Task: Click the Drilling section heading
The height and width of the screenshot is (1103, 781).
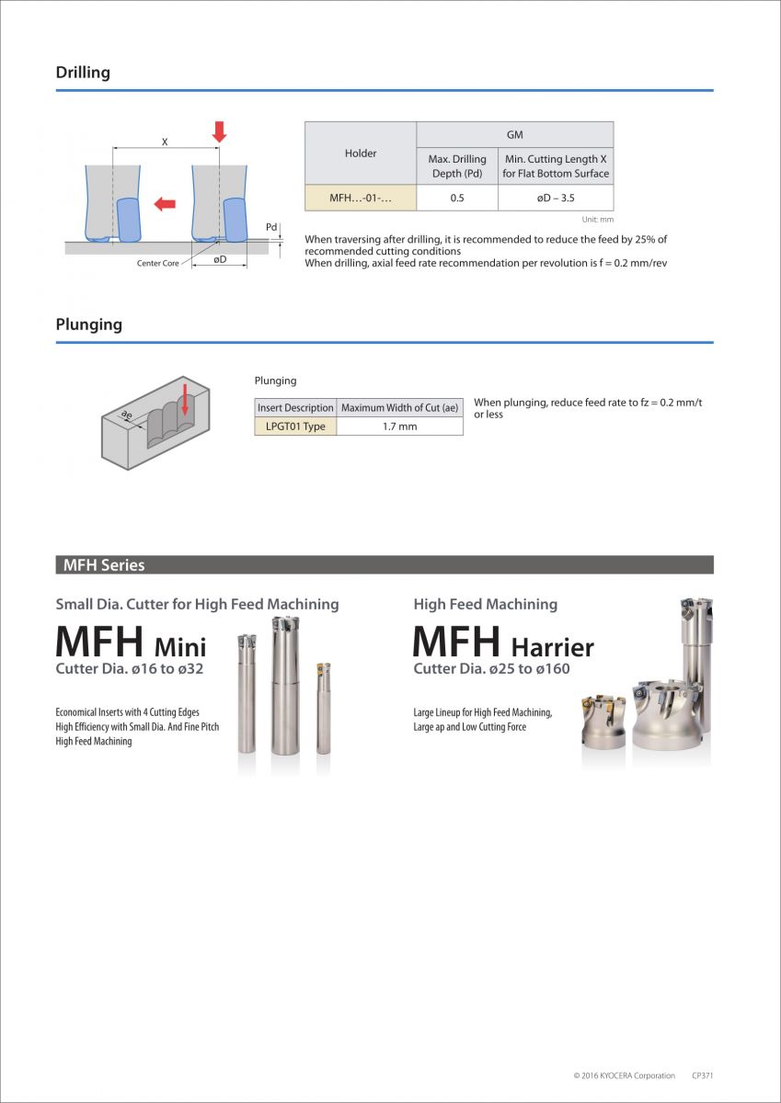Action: point(83,73)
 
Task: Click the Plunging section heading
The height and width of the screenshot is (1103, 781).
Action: point(88,324)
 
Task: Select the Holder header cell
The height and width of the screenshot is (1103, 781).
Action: point(361,154)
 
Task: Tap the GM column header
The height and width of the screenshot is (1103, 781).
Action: point(515,135)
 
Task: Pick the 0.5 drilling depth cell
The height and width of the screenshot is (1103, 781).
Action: point(457,198)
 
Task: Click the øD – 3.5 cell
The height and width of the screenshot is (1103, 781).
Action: point(556,198)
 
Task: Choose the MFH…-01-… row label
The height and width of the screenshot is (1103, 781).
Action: point(361,198)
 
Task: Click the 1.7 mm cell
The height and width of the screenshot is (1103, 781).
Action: point(399,426)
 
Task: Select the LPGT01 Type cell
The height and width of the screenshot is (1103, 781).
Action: point(296,426)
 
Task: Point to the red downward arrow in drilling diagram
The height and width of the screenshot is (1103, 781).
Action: point(219,131)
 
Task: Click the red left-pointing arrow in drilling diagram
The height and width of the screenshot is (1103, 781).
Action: point(165,203)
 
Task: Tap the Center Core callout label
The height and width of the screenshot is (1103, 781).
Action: point(158,264)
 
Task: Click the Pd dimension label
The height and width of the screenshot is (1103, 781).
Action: point(271,227)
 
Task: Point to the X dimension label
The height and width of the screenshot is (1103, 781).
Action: point(165,142)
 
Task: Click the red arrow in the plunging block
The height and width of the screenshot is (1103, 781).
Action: point(185,400)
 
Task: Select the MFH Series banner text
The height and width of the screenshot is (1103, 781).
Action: point(104,565)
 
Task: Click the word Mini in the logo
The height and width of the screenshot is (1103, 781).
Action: point(180,646)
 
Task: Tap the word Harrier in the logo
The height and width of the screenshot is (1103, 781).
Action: point(552,647)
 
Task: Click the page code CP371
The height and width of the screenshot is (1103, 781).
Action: point(703,1075)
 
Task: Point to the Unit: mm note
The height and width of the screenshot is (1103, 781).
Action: point(597,220)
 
